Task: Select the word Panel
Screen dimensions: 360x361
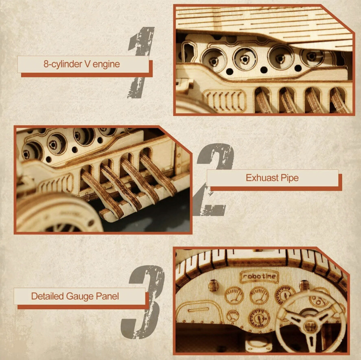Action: [x=108, y=296]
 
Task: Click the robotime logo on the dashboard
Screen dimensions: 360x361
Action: [x=259, y=277]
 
